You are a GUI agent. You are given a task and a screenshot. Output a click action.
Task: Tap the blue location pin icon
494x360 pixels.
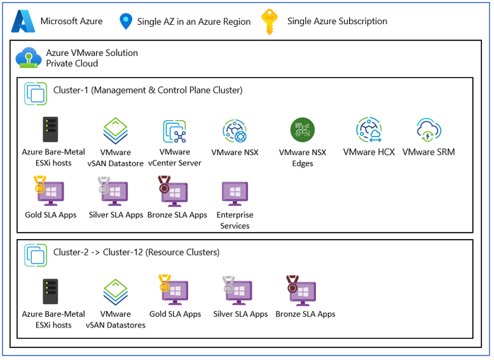[126, 21]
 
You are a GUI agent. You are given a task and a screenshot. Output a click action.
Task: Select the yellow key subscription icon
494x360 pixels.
[270, 21]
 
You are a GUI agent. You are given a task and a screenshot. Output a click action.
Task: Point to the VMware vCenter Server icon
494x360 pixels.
[175, 132]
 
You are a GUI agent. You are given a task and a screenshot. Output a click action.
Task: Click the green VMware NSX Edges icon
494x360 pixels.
[302, 131]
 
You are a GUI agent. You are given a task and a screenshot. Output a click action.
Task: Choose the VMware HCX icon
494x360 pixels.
[370, 132]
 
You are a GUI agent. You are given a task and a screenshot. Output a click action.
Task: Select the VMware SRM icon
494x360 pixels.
[429, 132]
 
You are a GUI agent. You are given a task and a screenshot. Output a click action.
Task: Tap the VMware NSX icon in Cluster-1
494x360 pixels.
[235, 132]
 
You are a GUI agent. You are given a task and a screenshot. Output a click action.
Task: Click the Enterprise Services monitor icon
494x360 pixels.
[235, 192]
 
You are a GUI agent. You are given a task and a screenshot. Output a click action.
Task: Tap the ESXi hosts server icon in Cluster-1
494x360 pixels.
[49, 131]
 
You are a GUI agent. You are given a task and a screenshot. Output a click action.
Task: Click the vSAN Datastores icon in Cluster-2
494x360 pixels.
[115, 291]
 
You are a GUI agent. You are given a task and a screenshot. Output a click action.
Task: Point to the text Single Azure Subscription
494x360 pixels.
[337, 21]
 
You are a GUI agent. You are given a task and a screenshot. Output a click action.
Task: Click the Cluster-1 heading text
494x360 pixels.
[148, 90]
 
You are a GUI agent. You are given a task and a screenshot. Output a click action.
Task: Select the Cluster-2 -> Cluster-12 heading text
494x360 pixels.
[136, 251]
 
